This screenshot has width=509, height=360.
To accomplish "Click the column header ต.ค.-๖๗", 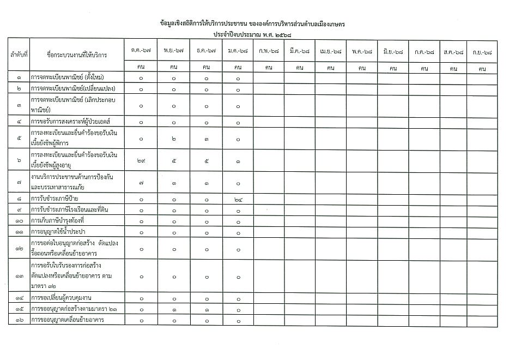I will pos(141,51).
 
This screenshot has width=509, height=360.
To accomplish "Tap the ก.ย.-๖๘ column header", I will pos(482,51).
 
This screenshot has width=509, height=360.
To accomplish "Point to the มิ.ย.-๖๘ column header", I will pos(393,51).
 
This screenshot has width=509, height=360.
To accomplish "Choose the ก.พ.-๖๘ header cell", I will pos(269,51).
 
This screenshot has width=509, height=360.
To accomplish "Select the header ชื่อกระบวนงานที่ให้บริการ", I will pos(77,56).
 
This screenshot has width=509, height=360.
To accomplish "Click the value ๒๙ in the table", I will pos(141,160).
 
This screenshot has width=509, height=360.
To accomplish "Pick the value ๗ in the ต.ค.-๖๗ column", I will pos(141,183).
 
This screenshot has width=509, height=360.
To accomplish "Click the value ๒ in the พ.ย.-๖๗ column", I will pos(173,139).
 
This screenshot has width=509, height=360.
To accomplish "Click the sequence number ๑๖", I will pos(19,320).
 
